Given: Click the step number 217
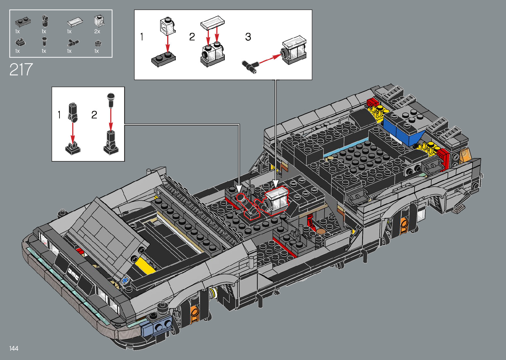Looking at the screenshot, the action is (x=21, y=69).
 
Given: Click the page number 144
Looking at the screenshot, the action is (x=14, y=348).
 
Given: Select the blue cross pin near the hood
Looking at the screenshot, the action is (x=125, y=281).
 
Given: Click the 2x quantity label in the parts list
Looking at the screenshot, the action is (x=97, y=31).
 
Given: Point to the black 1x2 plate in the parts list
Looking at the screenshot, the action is (x=23, y=22).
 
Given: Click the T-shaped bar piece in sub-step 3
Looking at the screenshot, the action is (x=250, y=67).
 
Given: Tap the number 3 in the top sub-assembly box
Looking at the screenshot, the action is (x=248, y=37).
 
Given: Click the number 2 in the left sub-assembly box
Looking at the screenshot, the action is (x=94, y=115).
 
